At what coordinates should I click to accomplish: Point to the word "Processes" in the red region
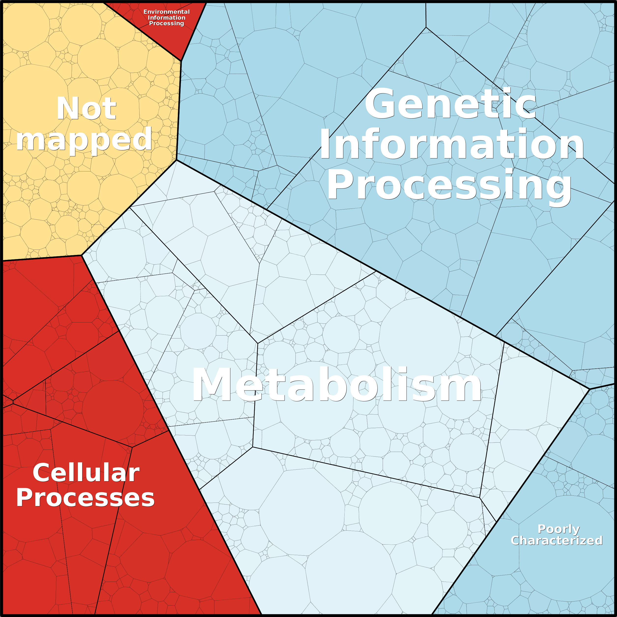[85, 498]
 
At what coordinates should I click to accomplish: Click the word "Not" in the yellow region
[86, 109]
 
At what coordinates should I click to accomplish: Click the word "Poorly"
[559, 529]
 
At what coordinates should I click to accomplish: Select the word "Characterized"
[557, 540]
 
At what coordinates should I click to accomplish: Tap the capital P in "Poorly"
[542, 529]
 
